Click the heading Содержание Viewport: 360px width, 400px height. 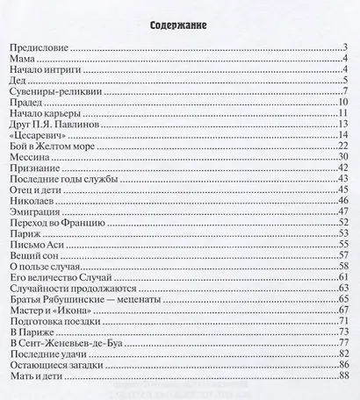click(x=179, y=25)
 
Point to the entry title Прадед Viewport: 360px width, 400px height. click(x=27, y=103)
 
